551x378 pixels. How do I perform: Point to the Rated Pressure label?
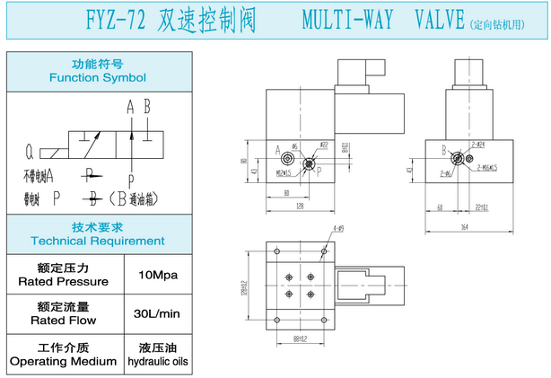(63, 281)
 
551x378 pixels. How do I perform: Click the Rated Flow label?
(63, 319)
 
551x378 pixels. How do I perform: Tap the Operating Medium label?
(63, 361)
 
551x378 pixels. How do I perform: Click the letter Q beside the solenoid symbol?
(30, 150)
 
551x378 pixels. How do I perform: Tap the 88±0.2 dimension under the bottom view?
(301, 338)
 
